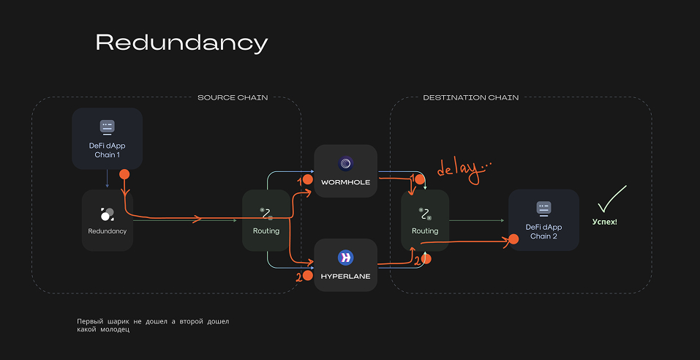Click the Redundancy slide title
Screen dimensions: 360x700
(181, 43)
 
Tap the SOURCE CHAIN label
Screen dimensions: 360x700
(233, 97)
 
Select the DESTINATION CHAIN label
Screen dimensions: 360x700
(471, 97)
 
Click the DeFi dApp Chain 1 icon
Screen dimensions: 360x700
(107, 127)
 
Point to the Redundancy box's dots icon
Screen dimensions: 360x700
(107, 214)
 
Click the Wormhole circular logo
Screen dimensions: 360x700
(345, 162)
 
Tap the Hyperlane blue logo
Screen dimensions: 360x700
(345, 257)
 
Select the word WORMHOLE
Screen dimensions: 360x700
(345, 182)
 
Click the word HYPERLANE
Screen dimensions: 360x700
(345, 277)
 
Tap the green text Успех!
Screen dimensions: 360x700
(604, 220)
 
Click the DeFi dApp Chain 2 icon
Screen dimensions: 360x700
(543, 208)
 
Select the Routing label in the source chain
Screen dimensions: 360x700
(266, 230)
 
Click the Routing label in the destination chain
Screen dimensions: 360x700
(425, 230)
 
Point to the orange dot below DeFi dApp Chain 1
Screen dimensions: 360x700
(124, 175)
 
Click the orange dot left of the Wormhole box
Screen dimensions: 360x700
(308, 179)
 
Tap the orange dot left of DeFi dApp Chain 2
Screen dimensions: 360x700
(505, 240)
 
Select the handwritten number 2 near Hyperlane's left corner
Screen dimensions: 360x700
(298, 277)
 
